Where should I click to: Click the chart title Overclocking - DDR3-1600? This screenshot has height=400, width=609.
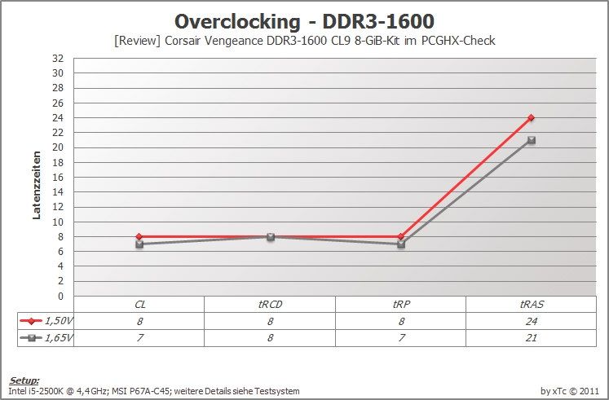point(304,22)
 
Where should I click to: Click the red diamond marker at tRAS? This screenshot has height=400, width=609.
point(532,117)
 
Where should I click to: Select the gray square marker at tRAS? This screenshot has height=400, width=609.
point(532,140)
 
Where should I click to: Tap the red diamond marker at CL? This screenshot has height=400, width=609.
point(139,236)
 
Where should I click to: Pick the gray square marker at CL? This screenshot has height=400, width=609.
point(139,244)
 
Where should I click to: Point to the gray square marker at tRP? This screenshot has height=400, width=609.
point(401,244)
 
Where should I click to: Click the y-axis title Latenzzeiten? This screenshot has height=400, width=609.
point(37,185)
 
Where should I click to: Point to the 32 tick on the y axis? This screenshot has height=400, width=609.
point(58,59)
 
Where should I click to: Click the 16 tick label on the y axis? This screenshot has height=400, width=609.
point(58,178)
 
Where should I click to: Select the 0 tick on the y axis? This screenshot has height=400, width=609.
point(60,297)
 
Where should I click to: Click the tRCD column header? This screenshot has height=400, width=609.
point(270,304)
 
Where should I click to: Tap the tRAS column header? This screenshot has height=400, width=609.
point(532,304)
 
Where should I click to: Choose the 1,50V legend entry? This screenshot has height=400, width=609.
point(46,321)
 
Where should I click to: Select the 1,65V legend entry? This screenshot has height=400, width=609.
point(46,337)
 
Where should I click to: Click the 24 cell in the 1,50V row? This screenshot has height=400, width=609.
point(532,321)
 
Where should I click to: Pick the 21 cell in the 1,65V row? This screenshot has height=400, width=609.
point(532,338)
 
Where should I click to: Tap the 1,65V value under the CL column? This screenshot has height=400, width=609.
point(140,338)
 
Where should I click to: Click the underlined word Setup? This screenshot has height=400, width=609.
point(24,380)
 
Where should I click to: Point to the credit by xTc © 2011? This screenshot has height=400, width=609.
point(570,391)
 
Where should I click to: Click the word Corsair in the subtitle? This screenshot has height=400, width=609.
point(183,41)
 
